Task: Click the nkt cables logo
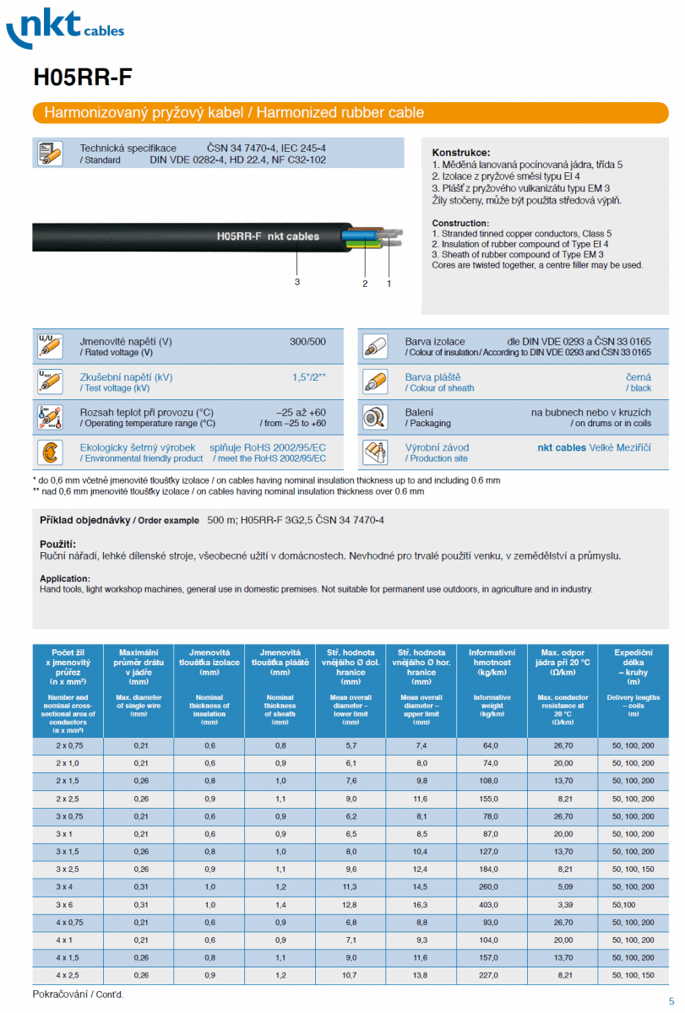tap(64, 29)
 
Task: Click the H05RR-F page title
tap(83, 78)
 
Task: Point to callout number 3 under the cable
tap(297, 282)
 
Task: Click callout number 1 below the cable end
tap(389, 284)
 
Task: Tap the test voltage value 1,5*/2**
tap(309, 377)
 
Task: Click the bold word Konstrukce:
tap(461, 153)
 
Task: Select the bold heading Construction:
tap(461, 223)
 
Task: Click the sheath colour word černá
tap(639, 377)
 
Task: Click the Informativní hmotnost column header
tap(492, 658)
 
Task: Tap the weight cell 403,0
tap(492, 904)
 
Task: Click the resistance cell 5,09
tap(563, 886)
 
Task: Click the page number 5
tap(671, 1000)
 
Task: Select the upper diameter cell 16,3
tap(421, 904)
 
